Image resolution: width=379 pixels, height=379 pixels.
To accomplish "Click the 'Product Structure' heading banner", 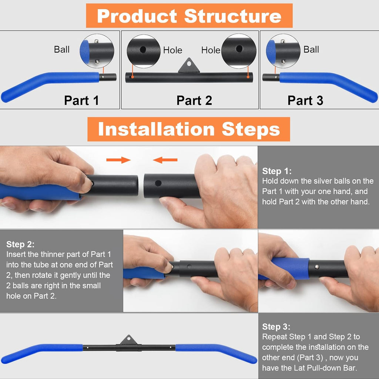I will (x=189, y=16).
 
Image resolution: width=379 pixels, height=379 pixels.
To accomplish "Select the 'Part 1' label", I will (x=81, y=100).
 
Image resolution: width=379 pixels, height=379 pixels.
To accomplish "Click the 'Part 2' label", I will (x=194, y=100).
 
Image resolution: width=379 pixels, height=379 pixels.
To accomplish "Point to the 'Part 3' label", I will (x=305, y=100).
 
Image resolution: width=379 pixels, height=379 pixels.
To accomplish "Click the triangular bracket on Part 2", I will (x=189, y=66).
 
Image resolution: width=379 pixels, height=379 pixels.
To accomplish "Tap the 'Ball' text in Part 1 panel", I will (x=61, y=50).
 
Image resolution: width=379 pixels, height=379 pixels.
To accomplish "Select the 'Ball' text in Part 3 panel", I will (x=311, y=50).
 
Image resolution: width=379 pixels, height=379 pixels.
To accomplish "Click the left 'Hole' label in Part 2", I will (x=172, y=50).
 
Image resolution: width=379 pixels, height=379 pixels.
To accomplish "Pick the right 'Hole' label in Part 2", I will (x=211, y=50).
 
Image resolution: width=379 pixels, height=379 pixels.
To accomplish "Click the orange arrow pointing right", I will (x=118, y=160).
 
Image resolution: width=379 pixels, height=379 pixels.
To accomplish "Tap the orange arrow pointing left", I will (x=165, y=160).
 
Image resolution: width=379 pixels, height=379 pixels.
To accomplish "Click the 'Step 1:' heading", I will (x=277, y=171).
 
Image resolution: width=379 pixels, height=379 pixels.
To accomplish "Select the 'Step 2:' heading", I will (x=20, y=245).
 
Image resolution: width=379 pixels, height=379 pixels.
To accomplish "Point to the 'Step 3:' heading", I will (x=276, y=327).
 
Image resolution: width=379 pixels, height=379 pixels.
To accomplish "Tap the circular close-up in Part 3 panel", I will (x=283, y=51).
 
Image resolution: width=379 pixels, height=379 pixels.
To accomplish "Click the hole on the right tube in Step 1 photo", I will (x=158, y=183).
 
